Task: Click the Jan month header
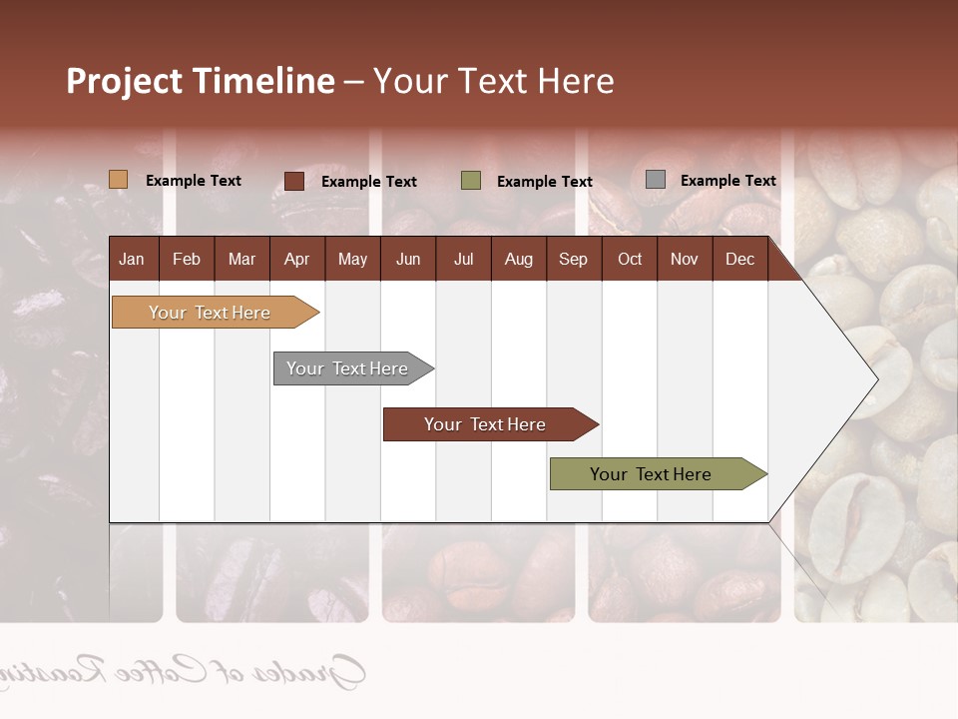(x=132, y=259)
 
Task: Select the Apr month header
(x=296, y=259)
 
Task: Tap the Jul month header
(x=463, y=259)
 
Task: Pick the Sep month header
(x=573, y=259)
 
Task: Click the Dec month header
(x=739, y=259)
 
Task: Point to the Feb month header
(x=187, y=259)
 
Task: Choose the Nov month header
(x=685, y=259)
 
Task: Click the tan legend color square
(x=119, y=180)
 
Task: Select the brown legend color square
(x=294, y=181)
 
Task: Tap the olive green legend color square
(x=471, y=181)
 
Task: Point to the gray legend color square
(x=656, y=180)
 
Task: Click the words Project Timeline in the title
(x=200, y=81)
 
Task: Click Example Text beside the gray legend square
(x=727, y=181)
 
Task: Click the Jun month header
(x=408, y=259)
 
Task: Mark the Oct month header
(x=630, y=259)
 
